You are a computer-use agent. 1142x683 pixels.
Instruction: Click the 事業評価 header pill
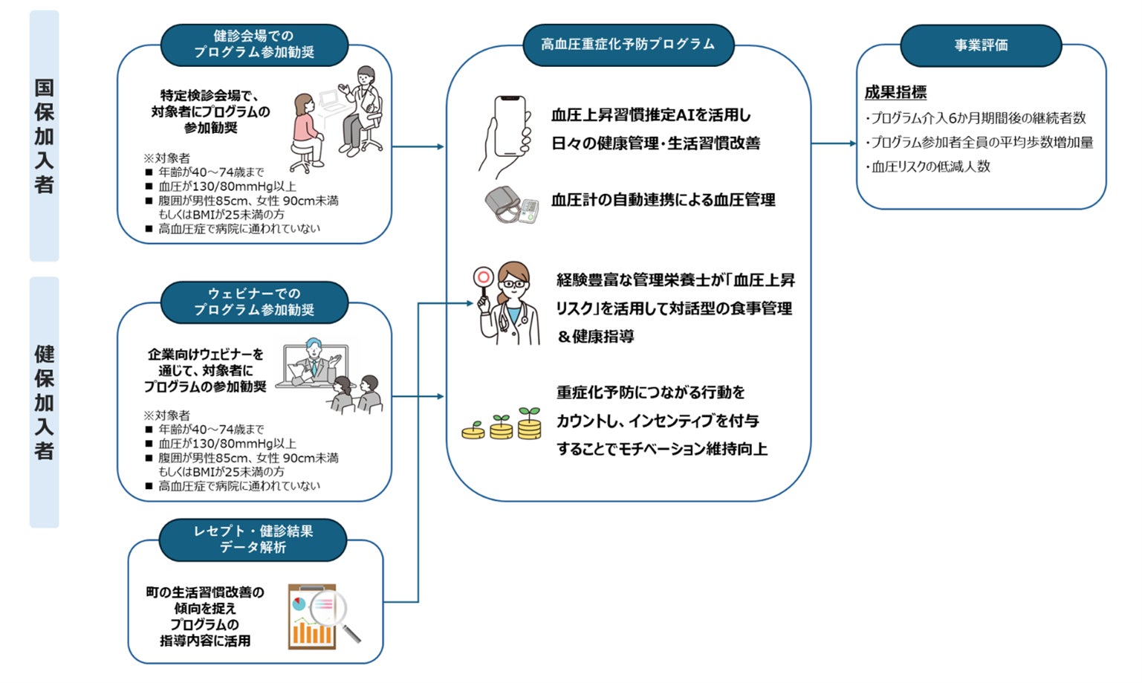[x=981, y=45]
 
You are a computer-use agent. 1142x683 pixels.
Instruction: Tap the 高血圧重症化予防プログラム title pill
[x=628, y=45]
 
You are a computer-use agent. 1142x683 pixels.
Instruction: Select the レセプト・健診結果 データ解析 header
[x=253, y=540]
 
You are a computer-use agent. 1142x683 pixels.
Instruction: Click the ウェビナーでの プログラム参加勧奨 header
[x=254, y=302]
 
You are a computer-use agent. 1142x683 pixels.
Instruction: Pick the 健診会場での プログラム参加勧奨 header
[x=254, y=44]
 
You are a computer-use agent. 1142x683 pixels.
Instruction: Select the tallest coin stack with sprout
[x=529, y=424]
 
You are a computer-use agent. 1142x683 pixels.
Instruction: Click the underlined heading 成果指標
[x=895, y=92]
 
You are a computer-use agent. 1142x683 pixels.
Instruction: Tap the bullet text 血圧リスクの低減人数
[x=930, y=166]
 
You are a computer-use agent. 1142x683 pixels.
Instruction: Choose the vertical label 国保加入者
[x=44, y=136]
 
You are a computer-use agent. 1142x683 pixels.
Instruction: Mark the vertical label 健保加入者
[x=44, y=402]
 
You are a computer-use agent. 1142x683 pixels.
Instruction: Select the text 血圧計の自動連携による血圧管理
[x=663, y=200]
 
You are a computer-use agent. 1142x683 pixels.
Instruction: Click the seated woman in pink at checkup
[x=307, y=130]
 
